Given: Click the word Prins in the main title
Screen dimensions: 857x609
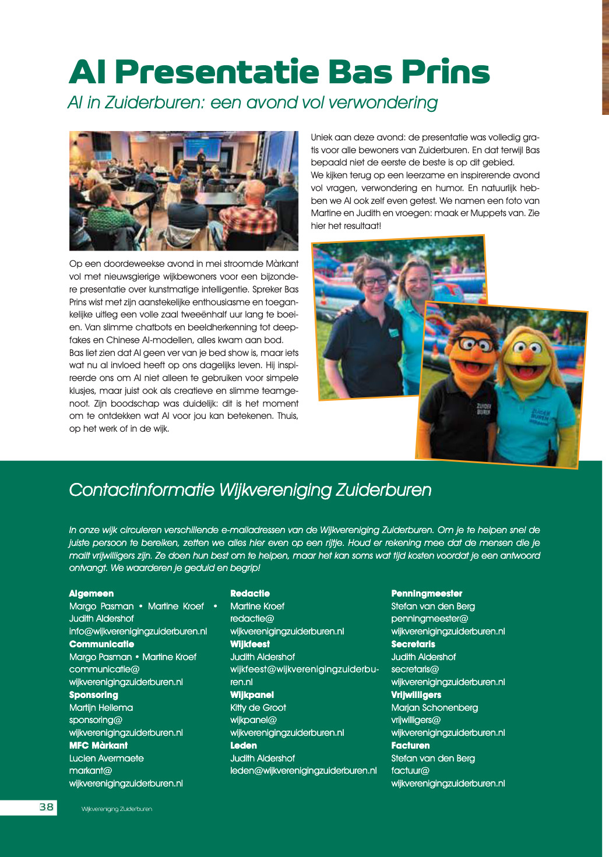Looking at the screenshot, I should pyautogui.click(x=445, y=72).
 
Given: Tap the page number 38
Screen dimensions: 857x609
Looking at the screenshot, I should pyautogui.click(x=47, y=807).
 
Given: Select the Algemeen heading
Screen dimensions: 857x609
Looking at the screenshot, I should pyautogui.click(x=91, y=593).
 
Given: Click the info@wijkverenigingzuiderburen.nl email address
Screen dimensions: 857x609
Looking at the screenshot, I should pyautogui.click(x=138, y=631).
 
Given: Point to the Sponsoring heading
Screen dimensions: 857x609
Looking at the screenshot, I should pyautogui.click(x=93, y=694).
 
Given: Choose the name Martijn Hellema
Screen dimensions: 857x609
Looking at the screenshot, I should pyautogui.click(x=101, y=707).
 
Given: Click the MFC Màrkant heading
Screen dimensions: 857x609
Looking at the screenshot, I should pyautogui.click(x=98, y=745).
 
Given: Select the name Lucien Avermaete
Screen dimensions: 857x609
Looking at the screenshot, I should pyautogui.click(x=106, y=758).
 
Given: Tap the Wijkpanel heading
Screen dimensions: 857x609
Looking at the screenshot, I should pyautogui.click(x=252, y=694).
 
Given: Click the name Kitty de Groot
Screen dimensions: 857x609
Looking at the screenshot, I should pyautogui.click(x=258, y=707).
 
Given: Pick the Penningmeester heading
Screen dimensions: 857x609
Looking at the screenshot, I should pyautogui.click(x=427, y=593).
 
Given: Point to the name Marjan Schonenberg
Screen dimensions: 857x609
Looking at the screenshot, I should pyautogui.click(x=434, y=707).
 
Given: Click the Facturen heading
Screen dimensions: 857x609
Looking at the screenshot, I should pyautogui.click(x=410, y=745).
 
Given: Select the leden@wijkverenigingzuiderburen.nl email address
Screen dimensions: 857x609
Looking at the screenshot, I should pyautogui.click(x=303, y=770).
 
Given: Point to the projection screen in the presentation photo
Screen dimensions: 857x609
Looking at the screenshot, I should pyautogui.click(x=200, y=148).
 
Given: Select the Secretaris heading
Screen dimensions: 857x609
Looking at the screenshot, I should pyautogui.click(x=413, y=644).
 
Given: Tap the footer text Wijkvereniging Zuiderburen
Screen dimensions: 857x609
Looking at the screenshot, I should pyautogui.click(x=117, y=809).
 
